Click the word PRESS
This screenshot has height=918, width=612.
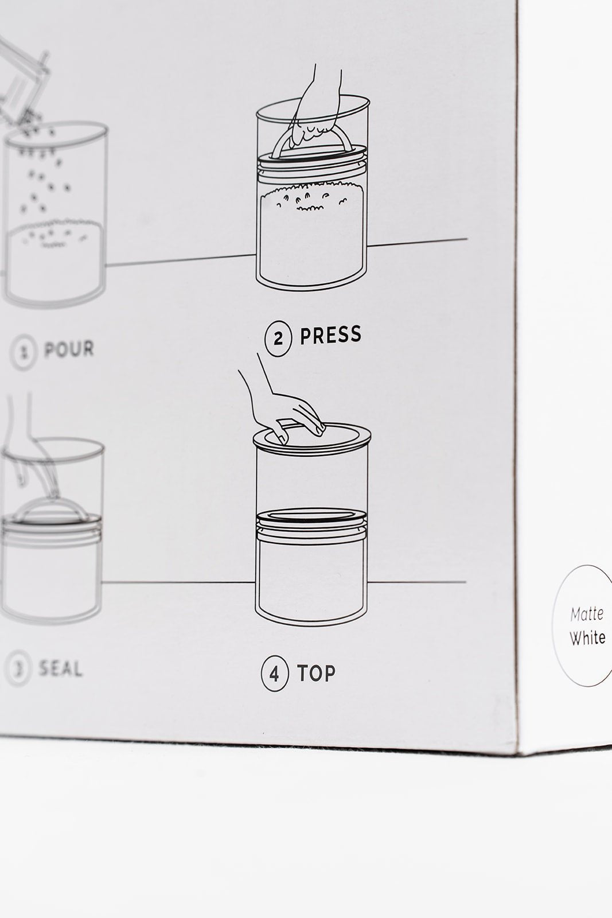point(331,334)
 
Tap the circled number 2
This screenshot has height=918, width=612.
point(279,339)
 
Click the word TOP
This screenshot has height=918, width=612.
point(316,672)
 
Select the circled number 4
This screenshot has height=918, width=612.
point(275,674)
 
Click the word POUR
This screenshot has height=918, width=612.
point(69,349)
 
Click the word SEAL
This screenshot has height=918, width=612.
point(61,669)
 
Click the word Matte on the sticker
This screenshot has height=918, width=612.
point(587,614)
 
